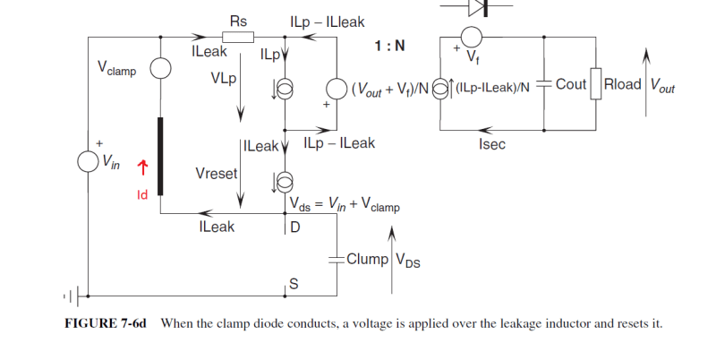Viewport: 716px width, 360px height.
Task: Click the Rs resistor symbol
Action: point(238,38)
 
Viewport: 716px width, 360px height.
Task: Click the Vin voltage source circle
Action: point(88,161)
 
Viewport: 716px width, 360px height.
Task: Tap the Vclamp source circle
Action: point(160,69)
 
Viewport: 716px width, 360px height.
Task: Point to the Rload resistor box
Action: point(596,86)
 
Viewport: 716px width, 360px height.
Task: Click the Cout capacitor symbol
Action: point(544,86)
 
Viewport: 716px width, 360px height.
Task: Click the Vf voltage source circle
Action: point(472,38)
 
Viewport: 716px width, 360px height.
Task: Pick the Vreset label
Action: point(216,173)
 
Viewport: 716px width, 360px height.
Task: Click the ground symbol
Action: point(75,295)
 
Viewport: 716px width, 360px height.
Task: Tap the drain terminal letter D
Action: point(294,227)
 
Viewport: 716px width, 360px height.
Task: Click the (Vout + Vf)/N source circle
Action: point(337,89)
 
